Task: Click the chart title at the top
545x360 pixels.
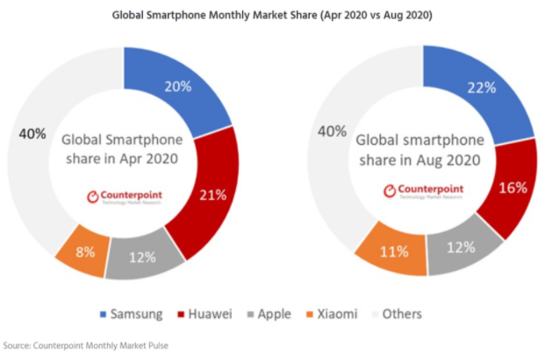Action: pos(271,15)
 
